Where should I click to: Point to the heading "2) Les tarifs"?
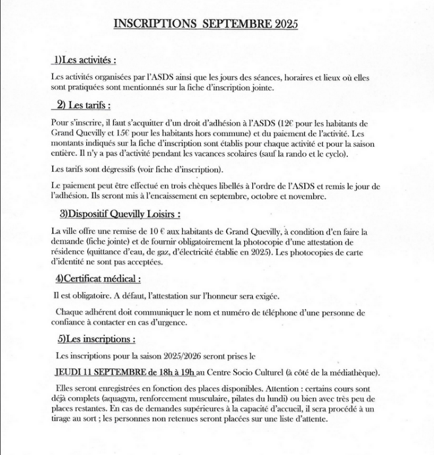tap(84, 105)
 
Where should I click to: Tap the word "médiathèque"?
tap(352, 373)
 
